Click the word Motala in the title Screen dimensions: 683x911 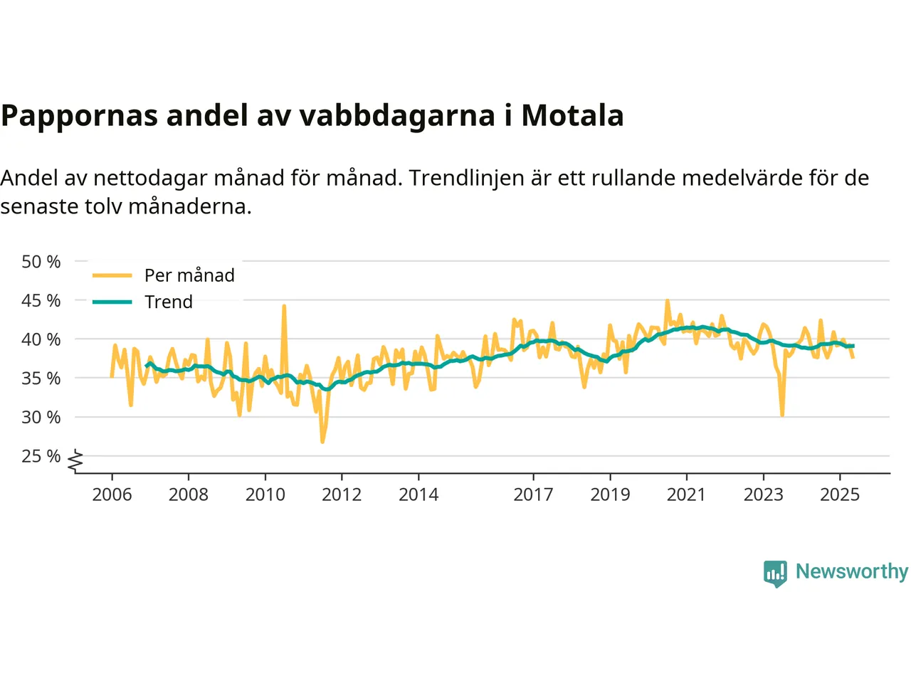[x=572, y=115]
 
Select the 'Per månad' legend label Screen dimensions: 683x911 [x=189, y=275]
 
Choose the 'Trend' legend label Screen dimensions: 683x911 [x=169, y=302]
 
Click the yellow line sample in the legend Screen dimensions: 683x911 [x=112, y=275]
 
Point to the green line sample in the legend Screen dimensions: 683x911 [x=112, y=302]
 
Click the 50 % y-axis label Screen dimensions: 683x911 [x=41, y=262]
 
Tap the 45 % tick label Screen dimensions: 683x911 [x=41, y=300]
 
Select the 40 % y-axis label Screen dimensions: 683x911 [x=41, y=339]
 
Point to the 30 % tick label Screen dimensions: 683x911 [x=41, y=417]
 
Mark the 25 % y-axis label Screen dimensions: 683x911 [x=41, y=456]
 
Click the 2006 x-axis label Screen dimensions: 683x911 [x=112, y=494]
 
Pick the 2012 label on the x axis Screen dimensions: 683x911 [x=342, y=494]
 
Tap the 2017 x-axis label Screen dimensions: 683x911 [x=533, y=494]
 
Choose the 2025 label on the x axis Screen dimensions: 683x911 [x=840, y=494]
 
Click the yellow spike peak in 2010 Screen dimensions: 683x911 [x=284, y=307]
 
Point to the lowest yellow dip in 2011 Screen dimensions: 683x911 [x=322, y=442]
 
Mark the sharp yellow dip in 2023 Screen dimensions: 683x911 [x=782, y=415]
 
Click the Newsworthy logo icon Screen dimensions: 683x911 [x=775, y=573]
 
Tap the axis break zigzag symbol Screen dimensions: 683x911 [x=75, y=461]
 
